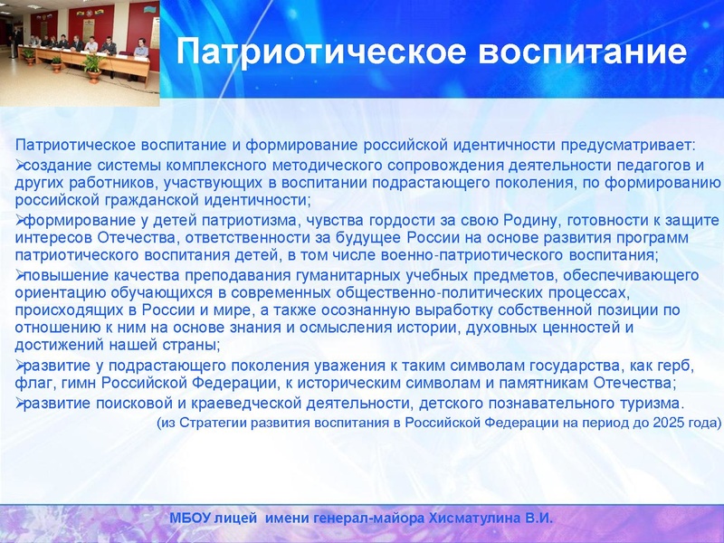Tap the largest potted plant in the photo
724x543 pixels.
click(91, 64)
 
